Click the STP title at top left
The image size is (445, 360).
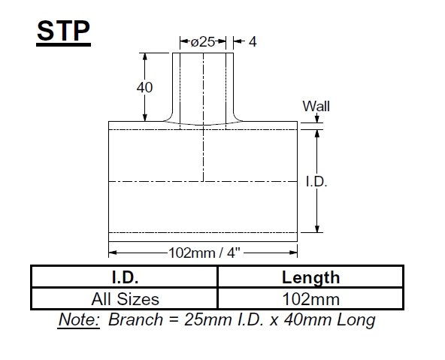point(64,32)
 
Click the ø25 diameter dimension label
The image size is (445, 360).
point(202,42)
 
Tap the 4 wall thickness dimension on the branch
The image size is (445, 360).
point(253,42)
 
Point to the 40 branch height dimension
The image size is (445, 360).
point(144,87)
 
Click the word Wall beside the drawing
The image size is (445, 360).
point(316,106)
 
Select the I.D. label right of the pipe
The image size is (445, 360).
point(316,182)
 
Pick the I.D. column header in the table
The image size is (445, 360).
point(124,277)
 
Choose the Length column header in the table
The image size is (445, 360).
point(310,277)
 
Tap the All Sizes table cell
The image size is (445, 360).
point(124,299)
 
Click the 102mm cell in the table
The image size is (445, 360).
point(310,299)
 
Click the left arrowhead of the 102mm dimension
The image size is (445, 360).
point(113,253)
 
